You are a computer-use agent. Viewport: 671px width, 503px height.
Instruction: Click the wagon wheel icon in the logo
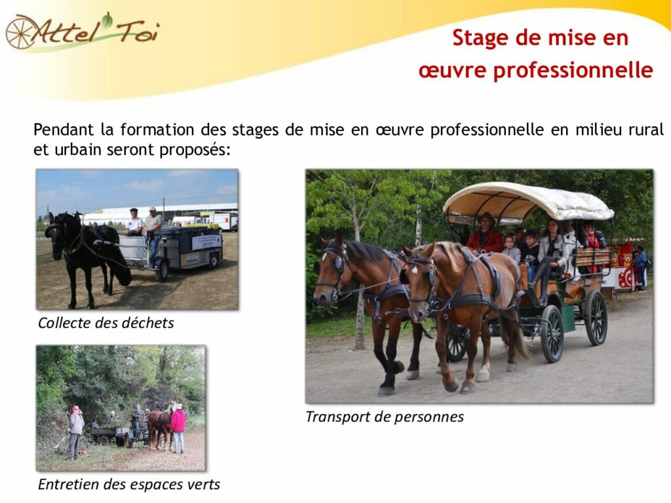(x=20, y=32)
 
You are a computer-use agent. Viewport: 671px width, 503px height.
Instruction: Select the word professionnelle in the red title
(x=573, y=71)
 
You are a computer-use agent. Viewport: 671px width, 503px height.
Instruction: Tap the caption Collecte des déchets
(x=105, y=323)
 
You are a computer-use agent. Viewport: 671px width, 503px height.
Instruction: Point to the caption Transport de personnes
(x=384, y=417)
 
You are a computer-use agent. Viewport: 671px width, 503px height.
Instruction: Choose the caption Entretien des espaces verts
(x=129, y=484)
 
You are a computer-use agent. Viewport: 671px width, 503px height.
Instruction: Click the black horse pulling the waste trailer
(x=86, y=257)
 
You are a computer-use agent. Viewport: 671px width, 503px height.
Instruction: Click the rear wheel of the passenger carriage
(x=596, y=318)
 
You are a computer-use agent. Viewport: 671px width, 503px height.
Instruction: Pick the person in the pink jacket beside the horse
(x=178, y=428)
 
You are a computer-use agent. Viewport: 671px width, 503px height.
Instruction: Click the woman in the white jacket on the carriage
(x=552, y=257)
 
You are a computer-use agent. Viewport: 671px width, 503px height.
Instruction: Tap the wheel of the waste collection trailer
(x=161, y=271)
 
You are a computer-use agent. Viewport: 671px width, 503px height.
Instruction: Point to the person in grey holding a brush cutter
(x=76, y=432)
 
